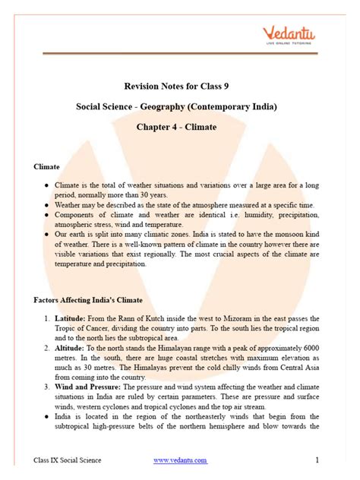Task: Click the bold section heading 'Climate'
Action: (x=46, y=165)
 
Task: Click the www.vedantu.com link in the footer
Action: (x=180, y=460)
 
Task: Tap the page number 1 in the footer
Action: (x=316, y=460)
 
